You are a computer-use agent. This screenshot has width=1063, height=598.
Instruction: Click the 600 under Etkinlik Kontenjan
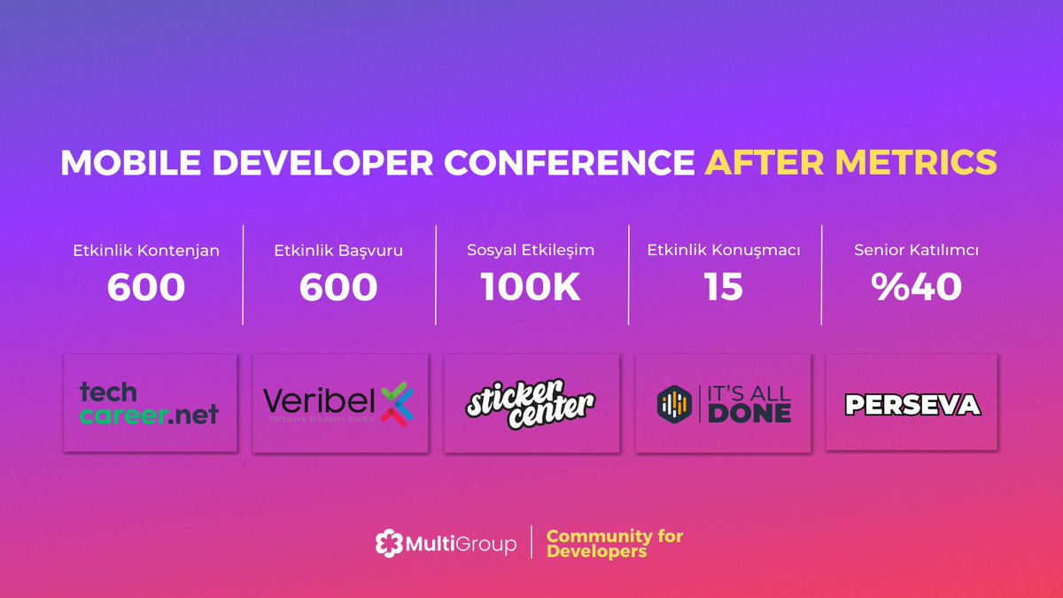(x=146, y=288)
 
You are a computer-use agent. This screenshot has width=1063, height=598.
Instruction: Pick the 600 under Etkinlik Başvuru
(x=338, y=288)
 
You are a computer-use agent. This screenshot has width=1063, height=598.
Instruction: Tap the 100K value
(x=531, y=288)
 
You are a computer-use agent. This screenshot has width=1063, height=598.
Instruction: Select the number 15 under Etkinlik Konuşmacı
(x=724, y=288)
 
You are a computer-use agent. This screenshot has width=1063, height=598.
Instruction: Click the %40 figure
(x=917, y=288)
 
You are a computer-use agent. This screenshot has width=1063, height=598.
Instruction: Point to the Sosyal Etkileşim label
(x=531, y=251)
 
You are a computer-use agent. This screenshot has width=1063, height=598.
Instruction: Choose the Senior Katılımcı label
(x=917, y=251)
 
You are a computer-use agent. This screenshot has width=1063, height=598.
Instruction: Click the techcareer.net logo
(x=149, y=403)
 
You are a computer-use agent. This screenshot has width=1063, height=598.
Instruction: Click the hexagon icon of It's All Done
(x=672, y=403)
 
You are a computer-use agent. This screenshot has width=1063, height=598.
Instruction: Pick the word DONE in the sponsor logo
(x=749, y=413)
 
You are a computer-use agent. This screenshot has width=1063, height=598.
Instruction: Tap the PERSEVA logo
(x=912, y=405)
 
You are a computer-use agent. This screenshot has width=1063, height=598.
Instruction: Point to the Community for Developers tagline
(x=614, y=544)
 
